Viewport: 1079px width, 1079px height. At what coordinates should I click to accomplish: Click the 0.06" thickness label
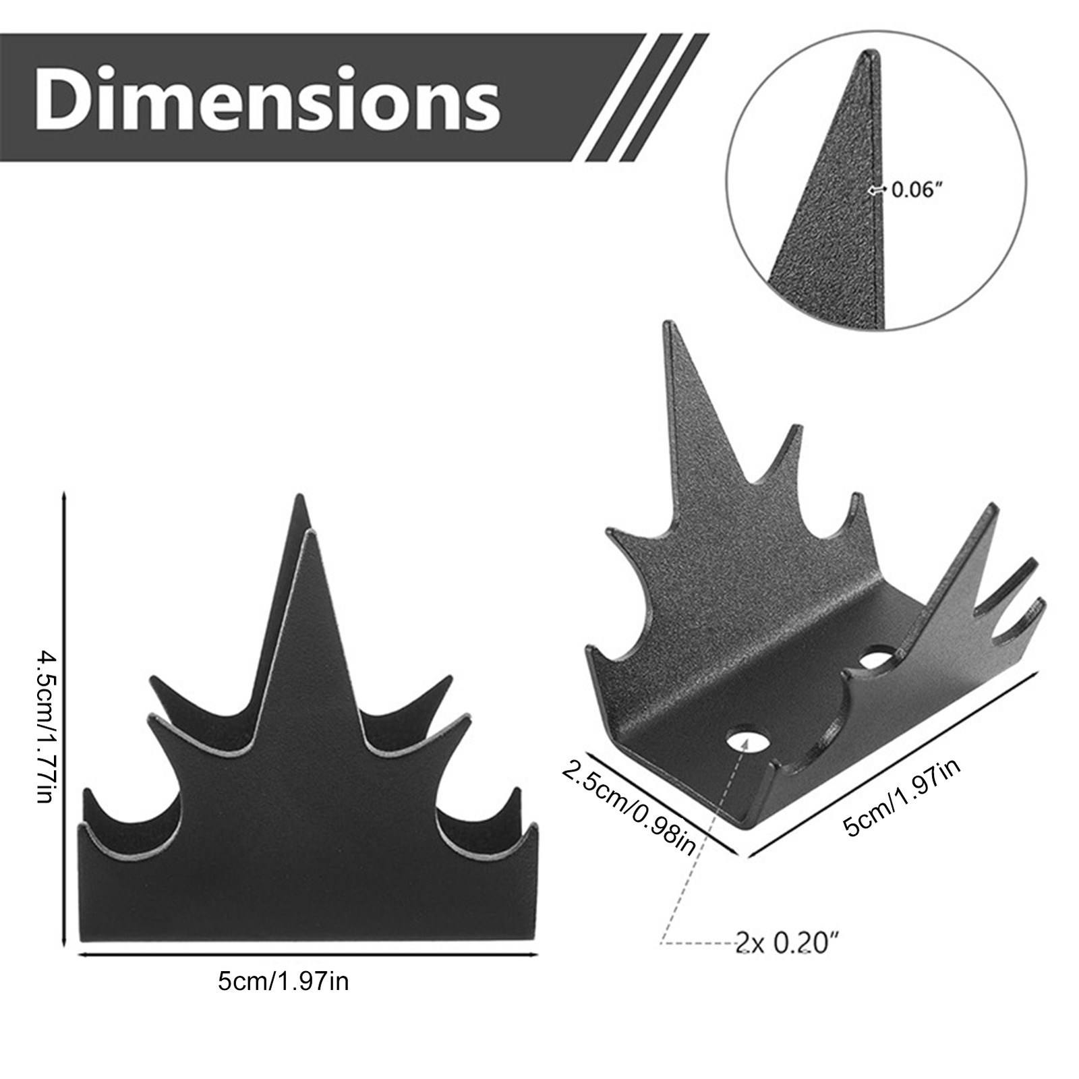click(x=915, y=190)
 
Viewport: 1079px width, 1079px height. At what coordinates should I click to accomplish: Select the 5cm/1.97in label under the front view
click(x=283, y=981)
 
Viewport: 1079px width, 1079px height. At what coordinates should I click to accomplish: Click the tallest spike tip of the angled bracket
click(x=670, y=326)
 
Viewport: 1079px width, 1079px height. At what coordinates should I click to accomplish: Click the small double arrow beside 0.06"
click(x=876, y=190)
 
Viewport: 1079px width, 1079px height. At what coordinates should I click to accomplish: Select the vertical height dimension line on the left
click(x=63, y=718)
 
